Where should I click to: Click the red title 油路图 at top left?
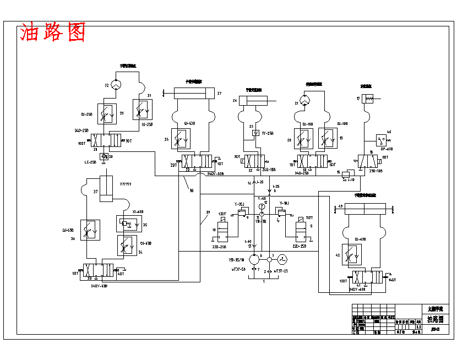(x=53, y=34)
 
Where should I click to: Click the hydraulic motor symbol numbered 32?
(x=116, y=85)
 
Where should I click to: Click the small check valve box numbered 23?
(x=254, y=133)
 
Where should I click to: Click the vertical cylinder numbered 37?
(x=106, y=189)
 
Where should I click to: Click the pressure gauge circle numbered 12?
(x=262, y=207)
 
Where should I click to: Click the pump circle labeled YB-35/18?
(x=254, y=258)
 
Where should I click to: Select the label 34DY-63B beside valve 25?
(x=215, y=174)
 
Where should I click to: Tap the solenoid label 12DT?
(x=222, y=214)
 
